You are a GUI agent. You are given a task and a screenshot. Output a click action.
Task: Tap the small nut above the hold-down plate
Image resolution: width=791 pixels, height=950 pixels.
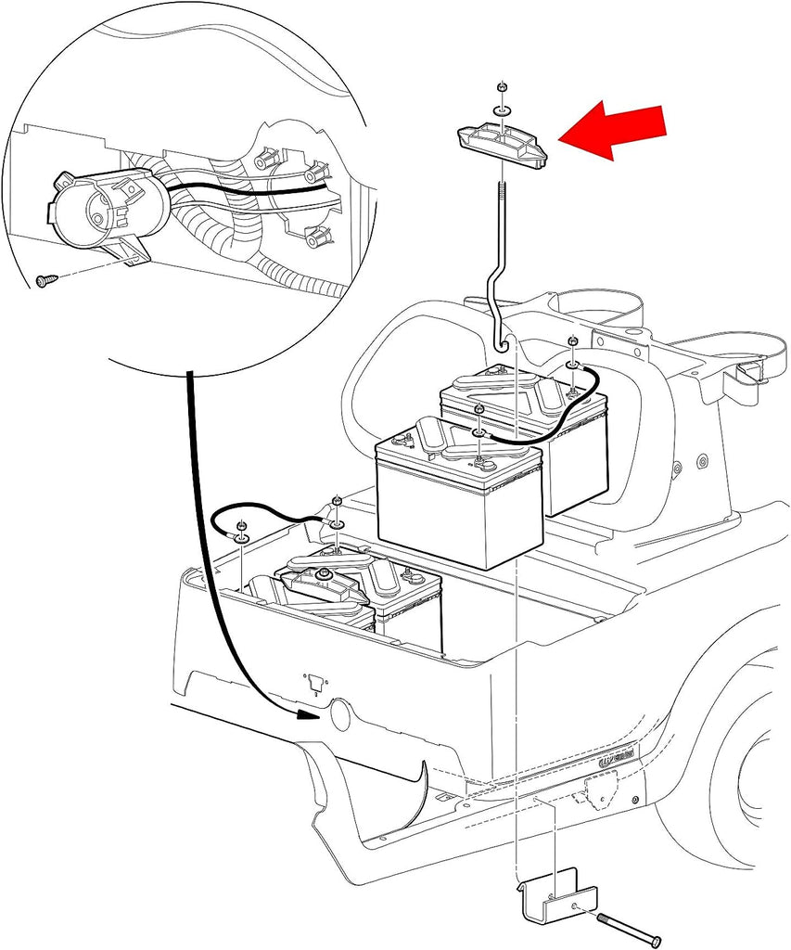pos(501,87)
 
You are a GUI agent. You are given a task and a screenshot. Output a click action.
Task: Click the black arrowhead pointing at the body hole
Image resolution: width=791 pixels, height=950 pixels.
pos(311,715)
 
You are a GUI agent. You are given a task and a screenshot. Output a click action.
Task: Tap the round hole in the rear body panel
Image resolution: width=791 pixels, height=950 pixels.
pos(340,713)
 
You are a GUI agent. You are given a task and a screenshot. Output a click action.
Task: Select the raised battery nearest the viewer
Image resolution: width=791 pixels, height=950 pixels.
pos(458,496)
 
